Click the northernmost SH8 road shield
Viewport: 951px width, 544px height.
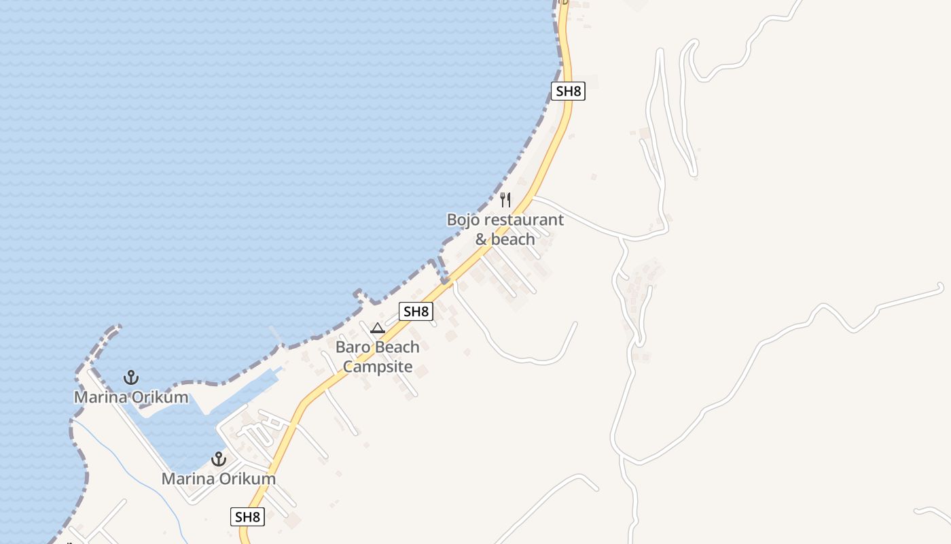tap(568, 91)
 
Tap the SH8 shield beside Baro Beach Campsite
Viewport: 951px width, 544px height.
tap(416, 311)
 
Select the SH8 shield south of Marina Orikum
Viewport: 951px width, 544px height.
tap(247, 517)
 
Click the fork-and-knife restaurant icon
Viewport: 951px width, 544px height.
tap(505, 200)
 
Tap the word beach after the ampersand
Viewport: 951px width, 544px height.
tap(513, 239)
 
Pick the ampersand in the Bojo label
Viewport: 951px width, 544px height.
tap(482, 239)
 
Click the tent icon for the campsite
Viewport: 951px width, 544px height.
tap(378, 328)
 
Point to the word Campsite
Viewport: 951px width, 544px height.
tap(378, 367)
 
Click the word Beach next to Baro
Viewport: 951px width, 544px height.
tap(397, 347)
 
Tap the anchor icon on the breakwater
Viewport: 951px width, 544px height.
tap(130, 377)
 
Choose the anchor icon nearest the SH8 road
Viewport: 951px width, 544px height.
tap(218, 459)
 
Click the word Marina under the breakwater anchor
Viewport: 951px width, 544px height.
tap(100, 397)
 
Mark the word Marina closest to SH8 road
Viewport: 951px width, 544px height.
tap(187, 479)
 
